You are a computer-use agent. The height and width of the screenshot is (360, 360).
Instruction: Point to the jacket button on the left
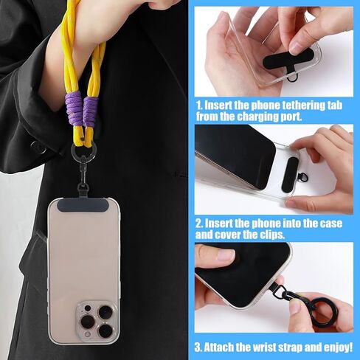pyautogui.click(x=34, y=147)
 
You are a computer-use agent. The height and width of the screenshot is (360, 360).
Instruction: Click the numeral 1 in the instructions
pyautogui.click(x=199, y=104)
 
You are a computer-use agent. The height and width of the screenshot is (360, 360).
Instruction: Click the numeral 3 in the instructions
pyautogui.click(x=199, y=346)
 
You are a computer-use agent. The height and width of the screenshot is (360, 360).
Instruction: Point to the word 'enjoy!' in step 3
pyautogui.click(x=341, y=346)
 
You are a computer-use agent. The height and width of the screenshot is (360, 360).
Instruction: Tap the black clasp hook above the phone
pyautogui.click(x=81, y=171)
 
